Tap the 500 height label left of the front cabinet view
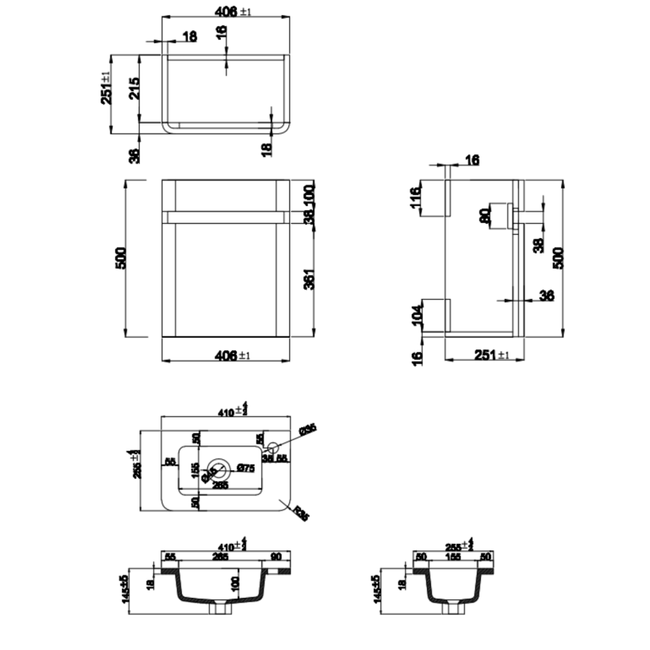pos(121,258)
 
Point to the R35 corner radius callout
pos(303,513)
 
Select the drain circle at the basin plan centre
pos(220,470)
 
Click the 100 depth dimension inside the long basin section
pos(235,584)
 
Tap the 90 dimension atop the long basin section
pos(275,556)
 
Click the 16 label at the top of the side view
pos(471,160)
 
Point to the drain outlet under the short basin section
pos(453,607)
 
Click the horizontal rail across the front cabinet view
pos(225,216)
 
